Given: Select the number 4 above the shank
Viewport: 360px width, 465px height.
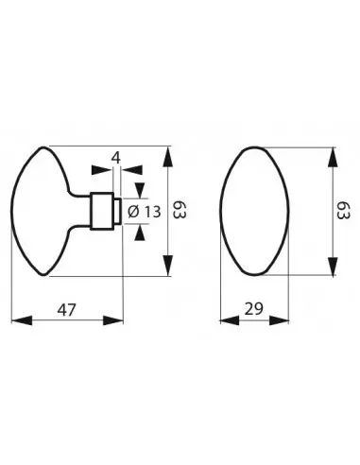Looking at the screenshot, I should coord(115,157).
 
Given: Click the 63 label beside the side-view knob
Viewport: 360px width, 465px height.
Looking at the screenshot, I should coord(179,212).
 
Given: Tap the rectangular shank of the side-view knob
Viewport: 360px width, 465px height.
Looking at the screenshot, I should coord(100,212).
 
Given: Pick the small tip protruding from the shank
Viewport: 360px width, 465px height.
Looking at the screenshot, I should coord(117,212).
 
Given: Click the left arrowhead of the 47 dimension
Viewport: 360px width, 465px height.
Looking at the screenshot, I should coord(16,321).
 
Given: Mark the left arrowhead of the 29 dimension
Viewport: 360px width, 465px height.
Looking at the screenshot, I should coord(224,321).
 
